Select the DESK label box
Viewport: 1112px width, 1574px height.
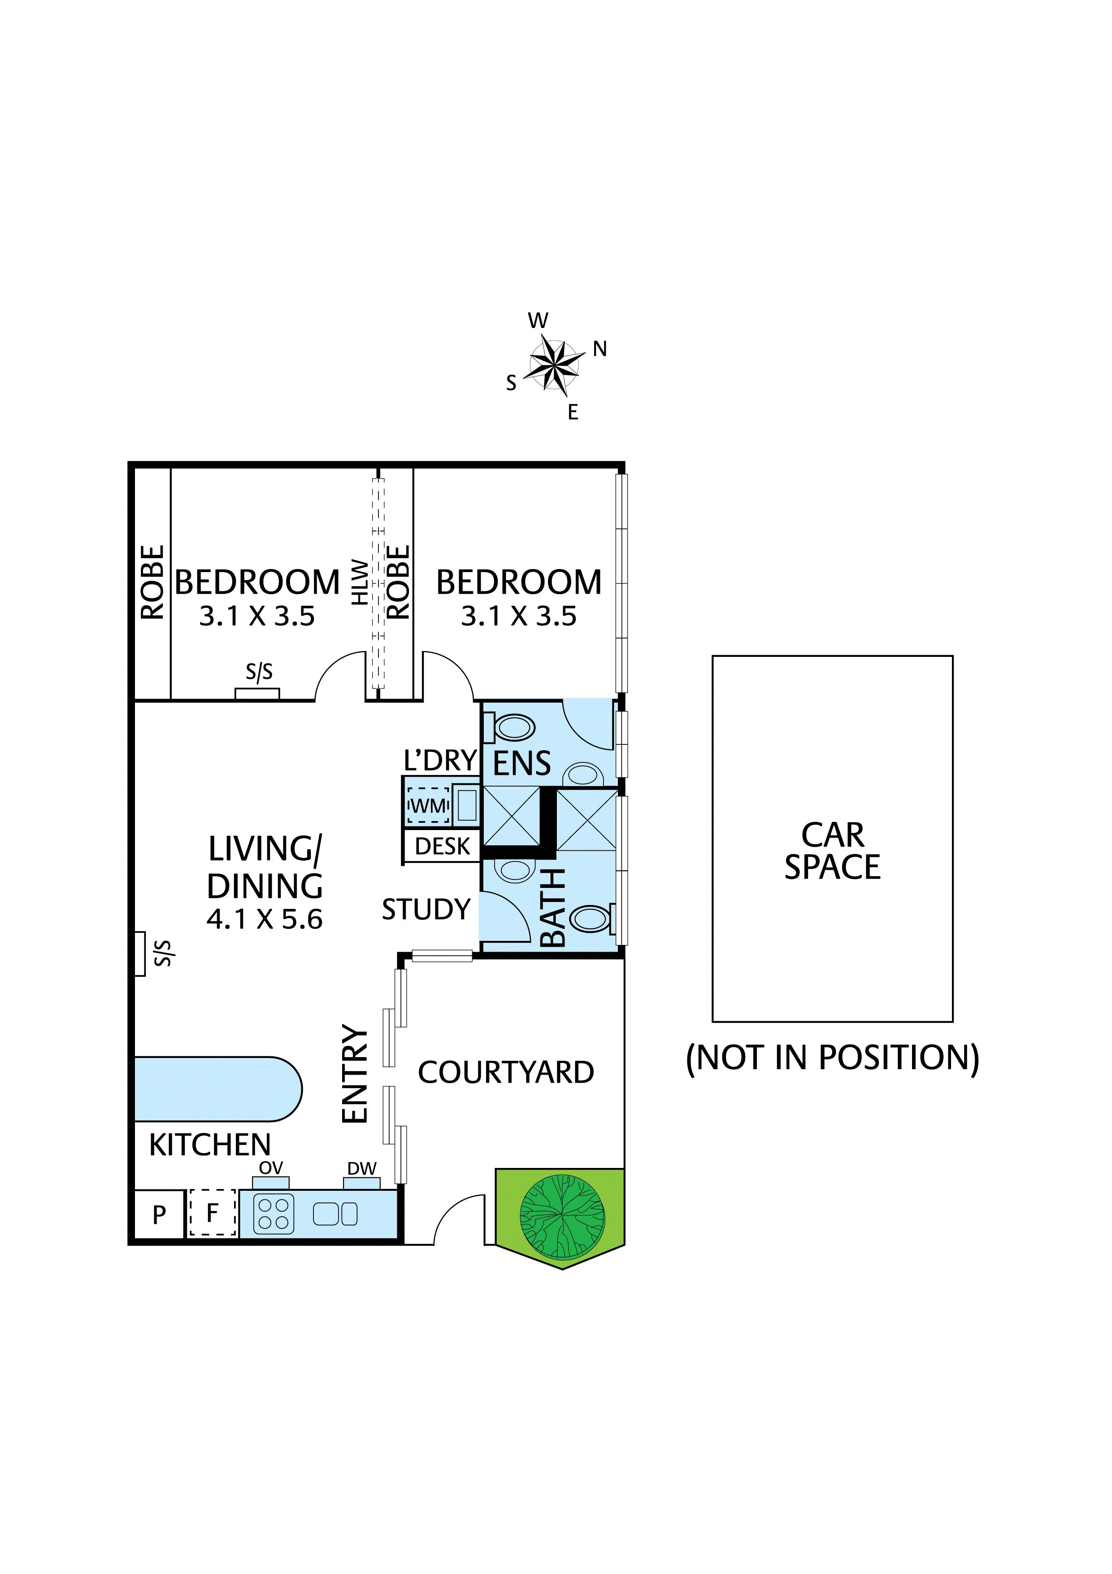(443, 847)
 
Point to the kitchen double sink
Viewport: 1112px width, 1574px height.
(335, 1214)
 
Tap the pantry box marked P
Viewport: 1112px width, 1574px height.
(159, 1214)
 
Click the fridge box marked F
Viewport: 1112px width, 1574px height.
(213, 1213)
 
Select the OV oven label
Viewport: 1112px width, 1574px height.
(271, 1168)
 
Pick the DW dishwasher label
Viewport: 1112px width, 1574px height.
(362, 1168)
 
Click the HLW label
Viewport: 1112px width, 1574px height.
(360, 583)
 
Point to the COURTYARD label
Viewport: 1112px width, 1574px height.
(506, 1073)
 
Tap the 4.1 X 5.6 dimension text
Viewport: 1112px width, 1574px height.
(265, 919)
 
